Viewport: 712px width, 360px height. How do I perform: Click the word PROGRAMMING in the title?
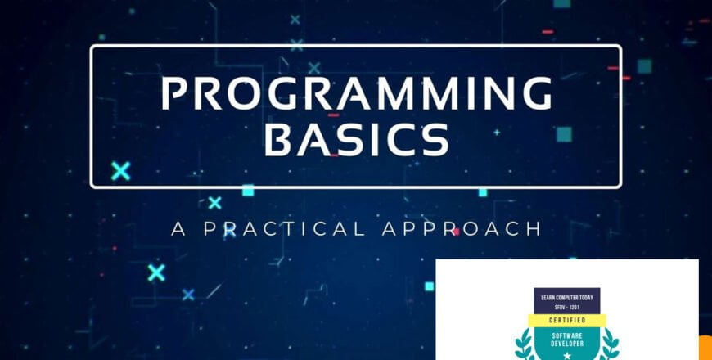click(x=356, y=93)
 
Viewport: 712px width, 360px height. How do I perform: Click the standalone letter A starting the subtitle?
click(x=178, y=227)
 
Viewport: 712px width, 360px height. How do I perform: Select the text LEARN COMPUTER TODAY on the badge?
click(x=567, y=294)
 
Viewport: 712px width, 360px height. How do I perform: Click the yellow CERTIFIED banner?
click(x=567, y=320)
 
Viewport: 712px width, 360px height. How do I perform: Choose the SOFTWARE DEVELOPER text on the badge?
click(x=567, y=339)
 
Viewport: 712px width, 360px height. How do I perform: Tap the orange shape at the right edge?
click(x=705, y=349)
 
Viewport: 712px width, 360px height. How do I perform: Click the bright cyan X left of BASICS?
click(x=121, y=171)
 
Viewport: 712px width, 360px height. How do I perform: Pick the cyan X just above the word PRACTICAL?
click(x=214, y=202)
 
